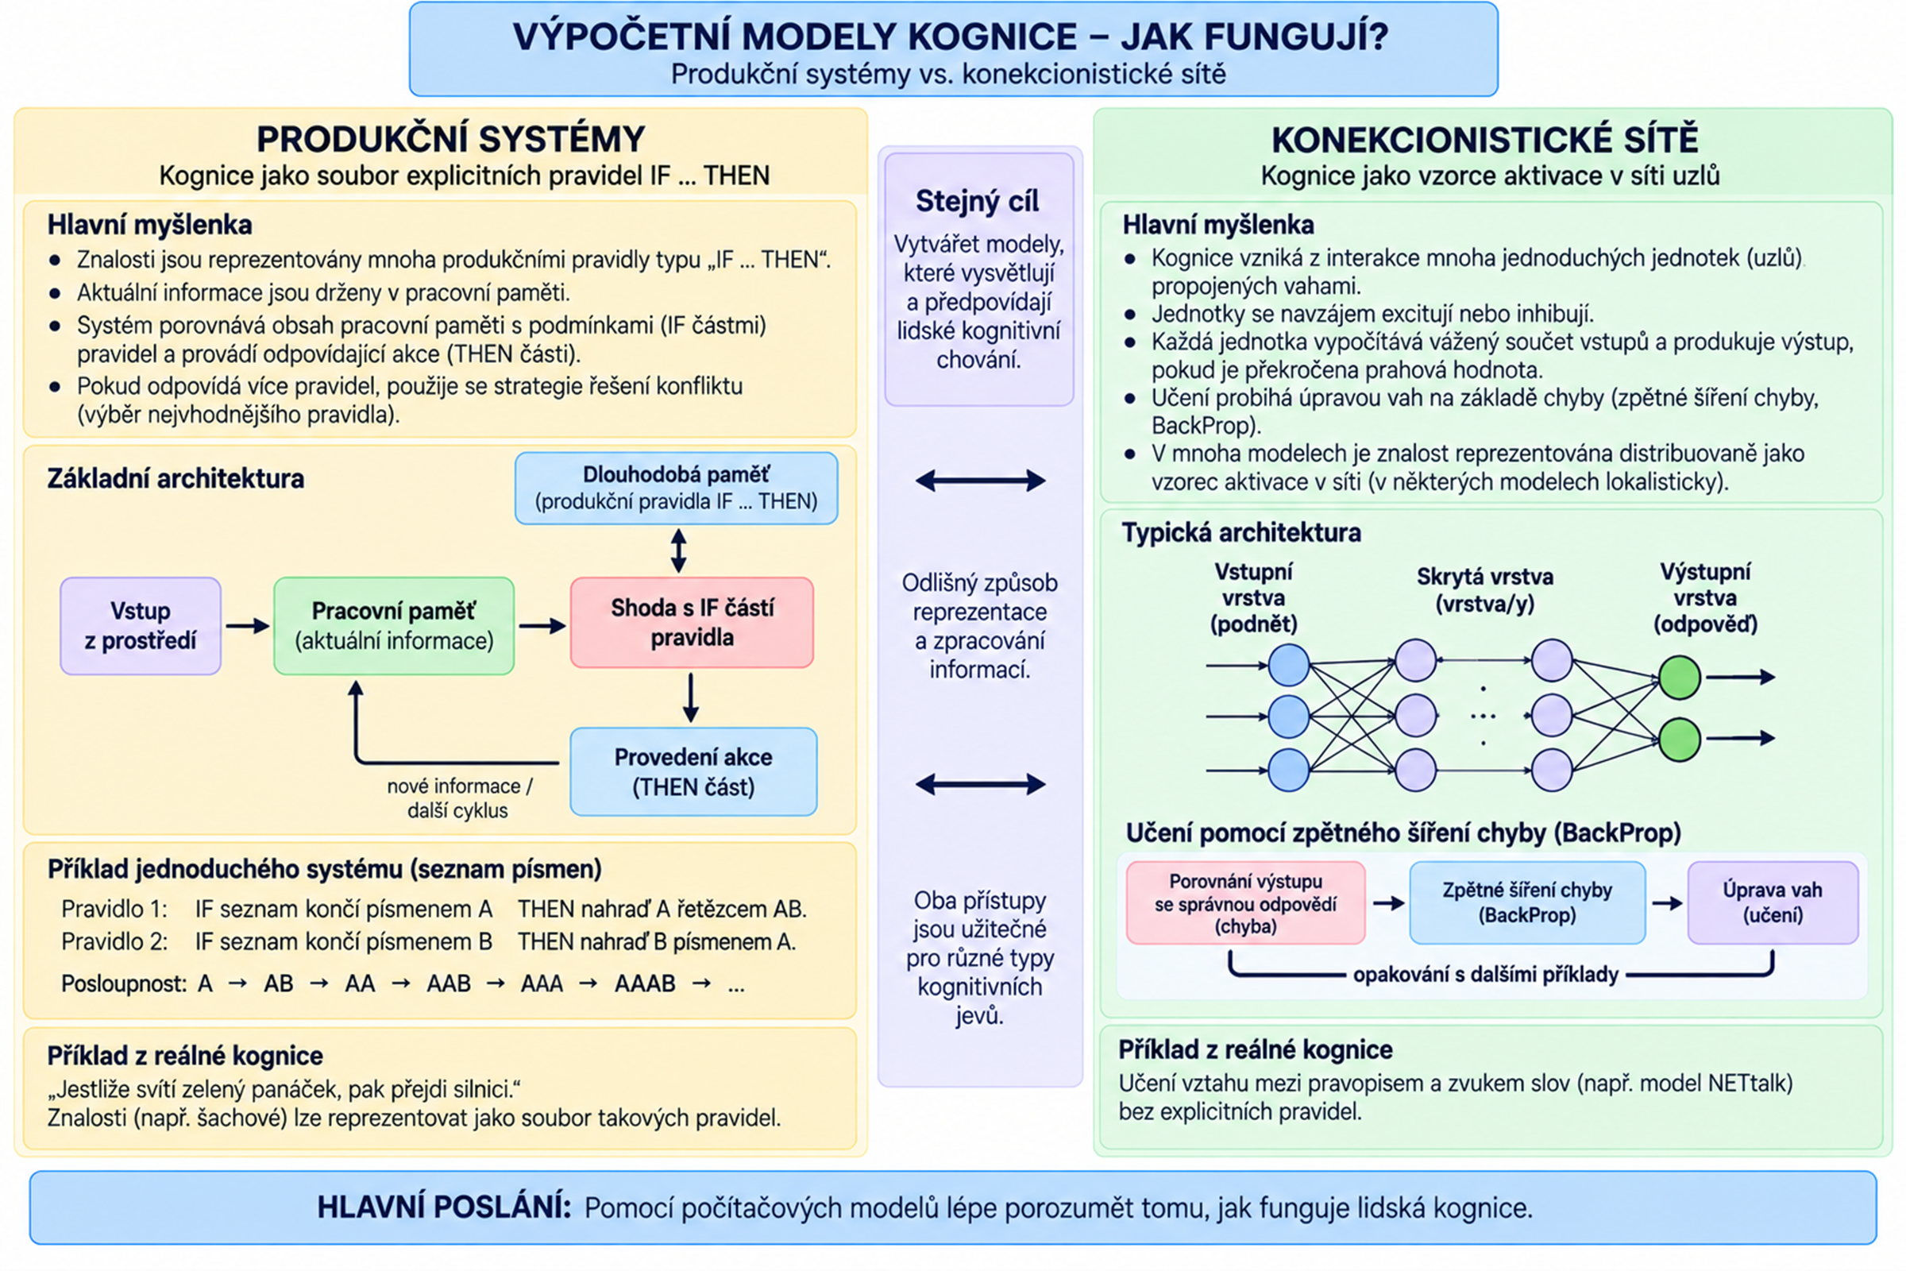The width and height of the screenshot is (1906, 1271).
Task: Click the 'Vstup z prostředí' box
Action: coord(141,626)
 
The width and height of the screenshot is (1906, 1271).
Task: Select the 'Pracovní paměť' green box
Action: coord(394,626)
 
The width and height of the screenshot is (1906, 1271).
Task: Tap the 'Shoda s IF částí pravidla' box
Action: coord(692,623)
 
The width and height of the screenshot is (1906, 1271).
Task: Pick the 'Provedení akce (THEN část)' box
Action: coord(693,771)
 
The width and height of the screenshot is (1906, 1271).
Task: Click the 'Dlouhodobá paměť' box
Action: coord(677,488)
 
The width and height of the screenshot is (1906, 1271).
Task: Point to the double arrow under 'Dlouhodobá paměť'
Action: coord(679,551)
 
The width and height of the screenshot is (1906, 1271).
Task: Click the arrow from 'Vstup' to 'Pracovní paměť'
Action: coord(247,626)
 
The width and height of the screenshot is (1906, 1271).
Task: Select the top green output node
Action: coord(1680,678)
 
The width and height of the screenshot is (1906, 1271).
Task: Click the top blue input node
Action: coord(1288,666)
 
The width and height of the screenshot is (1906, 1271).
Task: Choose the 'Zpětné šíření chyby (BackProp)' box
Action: coord(1527,902)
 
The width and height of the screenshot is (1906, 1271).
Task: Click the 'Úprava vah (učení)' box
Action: coord(1773,902)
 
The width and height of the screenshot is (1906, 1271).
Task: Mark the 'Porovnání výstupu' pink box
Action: coord(1245,903)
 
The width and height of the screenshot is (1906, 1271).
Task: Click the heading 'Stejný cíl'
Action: coord(978,201)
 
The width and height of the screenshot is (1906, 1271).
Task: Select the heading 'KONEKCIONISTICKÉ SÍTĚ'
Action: coord(1484,140)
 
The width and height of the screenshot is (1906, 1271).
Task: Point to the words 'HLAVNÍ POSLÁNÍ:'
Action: coord(444,1207)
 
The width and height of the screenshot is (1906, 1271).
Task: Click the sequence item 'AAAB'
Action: coord(645,983)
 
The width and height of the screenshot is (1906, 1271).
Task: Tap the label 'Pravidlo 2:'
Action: coord(115,942)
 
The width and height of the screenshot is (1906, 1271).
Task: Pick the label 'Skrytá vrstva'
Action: coord(1484,578)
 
